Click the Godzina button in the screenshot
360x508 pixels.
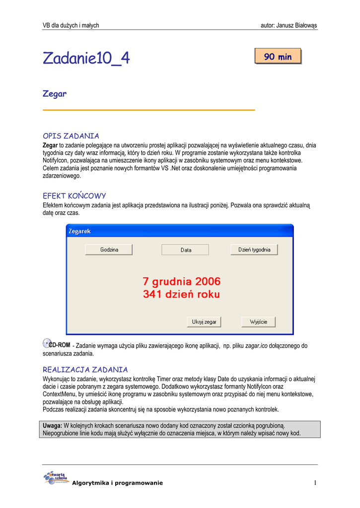click(x=109, y=250)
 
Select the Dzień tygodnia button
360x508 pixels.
click(x=254, y=250)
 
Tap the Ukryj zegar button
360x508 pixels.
click(x=204, y=322)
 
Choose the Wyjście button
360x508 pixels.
click(x=258, y=322)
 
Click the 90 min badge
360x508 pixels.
click(x=278, y=57)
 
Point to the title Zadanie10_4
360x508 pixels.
click(x=86, y=59)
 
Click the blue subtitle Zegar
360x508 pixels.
click(x=55, y=93)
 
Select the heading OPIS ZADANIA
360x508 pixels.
click(x=71, y=136)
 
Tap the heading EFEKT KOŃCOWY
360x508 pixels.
click(x=74, y=196)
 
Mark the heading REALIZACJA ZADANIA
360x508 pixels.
click(x=85, y=370)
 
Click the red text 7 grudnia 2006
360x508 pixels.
click(x=182, y=282)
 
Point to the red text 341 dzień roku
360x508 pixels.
click(x=182, y=294)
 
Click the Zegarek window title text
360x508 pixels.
click(x=79, y=232)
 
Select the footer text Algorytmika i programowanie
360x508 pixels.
click(x=117, y=483)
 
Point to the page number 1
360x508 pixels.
click(x=315, y=483)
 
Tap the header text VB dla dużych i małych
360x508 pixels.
click(x=71, y=25)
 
